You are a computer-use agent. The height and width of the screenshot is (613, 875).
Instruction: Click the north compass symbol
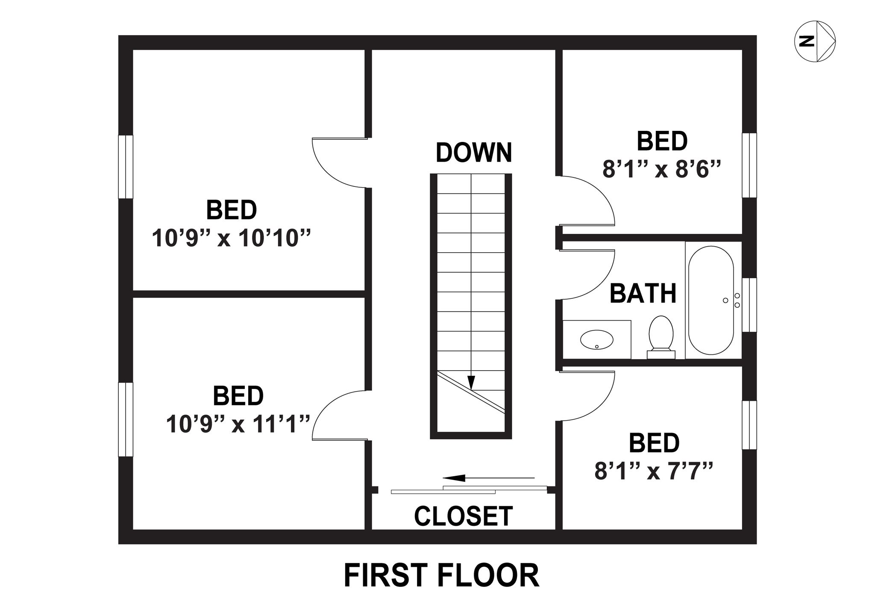click(x=815, y=41)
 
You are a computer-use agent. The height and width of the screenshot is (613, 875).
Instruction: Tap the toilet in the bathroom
click(x=661, y=337)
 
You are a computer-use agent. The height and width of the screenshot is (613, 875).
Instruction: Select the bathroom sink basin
click(x=596, y=339)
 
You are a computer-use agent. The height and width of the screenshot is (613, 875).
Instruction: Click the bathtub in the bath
click(x=711, y=300)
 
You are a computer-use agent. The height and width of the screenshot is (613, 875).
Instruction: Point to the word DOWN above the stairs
click(x=474, y=152)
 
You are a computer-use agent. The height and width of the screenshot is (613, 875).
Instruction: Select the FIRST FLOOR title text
click(x=441, y=575)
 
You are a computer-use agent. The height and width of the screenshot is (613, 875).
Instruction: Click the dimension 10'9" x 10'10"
click(x=231, y=238)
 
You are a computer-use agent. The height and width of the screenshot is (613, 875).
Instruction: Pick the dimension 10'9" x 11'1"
click(x=238, y=424)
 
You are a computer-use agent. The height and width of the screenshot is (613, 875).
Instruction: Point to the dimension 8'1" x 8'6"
click(x=662, y=169)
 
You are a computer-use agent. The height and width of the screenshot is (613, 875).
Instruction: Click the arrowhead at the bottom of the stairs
click(x=471, y=383)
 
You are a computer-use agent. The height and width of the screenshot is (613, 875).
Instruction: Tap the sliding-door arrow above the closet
click(x=488, y=477)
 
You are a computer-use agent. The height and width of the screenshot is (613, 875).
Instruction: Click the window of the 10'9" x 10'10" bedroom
click(x=126, y=167)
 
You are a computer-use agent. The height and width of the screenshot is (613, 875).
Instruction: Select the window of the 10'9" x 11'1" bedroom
click(x=126, y=420)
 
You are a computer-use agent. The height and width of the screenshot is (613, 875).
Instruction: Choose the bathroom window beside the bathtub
click(x=749, y=305)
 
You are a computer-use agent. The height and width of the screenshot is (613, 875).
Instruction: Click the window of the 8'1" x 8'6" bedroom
click(x=749, y=165)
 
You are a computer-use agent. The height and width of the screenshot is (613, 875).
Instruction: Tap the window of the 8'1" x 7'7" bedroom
click(x=749, y=425)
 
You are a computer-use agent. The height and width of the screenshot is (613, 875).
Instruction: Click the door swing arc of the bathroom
click(x=603, y=282)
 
